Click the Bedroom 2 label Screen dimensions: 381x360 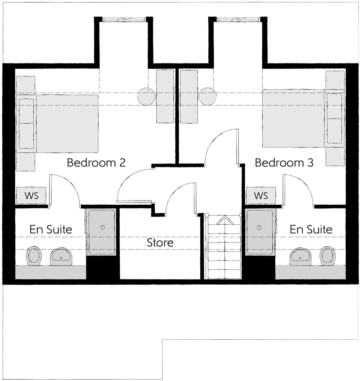96,163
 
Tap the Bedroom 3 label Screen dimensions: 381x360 284,163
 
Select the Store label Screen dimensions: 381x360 160,242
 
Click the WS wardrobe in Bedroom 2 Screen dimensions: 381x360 31,195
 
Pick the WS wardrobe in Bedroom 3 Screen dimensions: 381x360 261,195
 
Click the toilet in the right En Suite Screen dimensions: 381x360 327,256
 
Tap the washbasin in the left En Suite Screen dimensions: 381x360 61,257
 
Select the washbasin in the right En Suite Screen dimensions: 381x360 301,256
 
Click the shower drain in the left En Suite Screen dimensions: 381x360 102,227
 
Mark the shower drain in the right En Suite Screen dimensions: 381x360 259,227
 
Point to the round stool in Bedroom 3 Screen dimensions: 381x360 207,96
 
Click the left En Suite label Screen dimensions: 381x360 51,229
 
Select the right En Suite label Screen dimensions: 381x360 311,229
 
